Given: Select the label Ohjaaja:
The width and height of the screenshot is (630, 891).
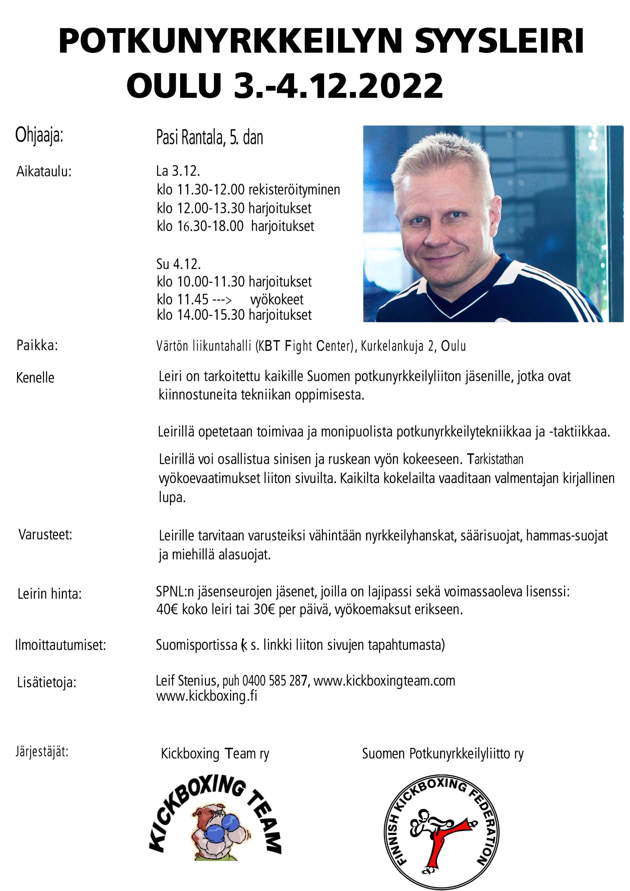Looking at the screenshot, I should pyautogui.click(x=39, y=135).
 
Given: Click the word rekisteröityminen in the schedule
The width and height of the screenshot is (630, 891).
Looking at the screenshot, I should pyautogui.click(x=294, y=190).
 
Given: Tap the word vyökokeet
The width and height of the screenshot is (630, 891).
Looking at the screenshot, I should pyautogui.click(x=277, y=299).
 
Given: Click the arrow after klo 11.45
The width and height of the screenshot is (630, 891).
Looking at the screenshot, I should pyautogui.click(x=222, y=300).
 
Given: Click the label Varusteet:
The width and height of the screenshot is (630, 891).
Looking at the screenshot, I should pyautogui.click(x=45, y=535).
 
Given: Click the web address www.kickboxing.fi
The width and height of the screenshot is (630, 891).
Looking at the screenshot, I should pyautogui.click(x=206, y=696).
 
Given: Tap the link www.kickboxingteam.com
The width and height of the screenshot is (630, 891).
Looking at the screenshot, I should pyautogui.click(x=384, y=681).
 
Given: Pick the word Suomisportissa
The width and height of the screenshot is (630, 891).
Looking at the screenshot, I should pyautogui.click(x=196, y=645).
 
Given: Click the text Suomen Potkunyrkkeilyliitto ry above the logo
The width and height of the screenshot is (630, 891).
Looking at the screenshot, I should pyautogui.click(x=442, y=754).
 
